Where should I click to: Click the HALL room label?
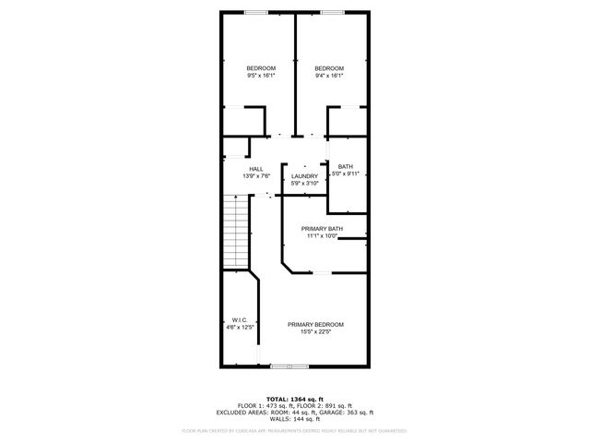point(255,169)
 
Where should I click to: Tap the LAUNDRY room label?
point(304,175)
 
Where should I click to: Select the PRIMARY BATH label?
point(323,228)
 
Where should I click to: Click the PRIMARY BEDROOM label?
point(315,324)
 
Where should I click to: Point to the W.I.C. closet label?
point(239,320)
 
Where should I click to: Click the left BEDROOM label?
point(261,69)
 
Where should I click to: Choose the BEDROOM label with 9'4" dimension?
point(329,69)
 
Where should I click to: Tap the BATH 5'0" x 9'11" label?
point(345,166)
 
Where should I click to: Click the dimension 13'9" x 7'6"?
point(255,175)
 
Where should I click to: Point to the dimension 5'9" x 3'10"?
point(304,183)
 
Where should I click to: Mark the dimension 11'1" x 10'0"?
point(323,235)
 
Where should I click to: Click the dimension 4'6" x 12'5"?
point(240,328)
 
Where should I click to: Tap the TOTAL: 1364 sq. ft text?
point(294,397)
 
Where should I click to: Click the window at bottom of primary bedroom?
point(283,366)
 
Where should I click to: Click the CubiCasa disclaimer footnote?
point(294,430)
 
